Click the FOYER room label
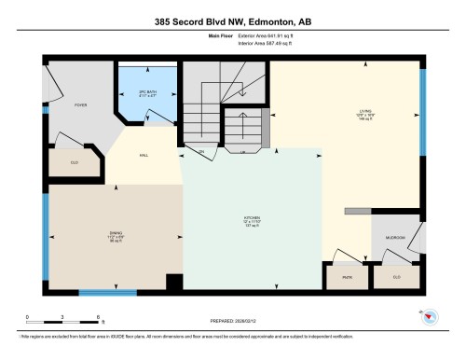(81, 105)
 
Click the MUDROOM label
(396, 238)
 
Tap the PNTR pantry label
(346, 276)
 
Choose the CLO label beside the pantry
(396, 276)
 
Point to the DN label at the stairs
(200, 150)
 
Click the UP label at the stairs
(243, 150)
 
